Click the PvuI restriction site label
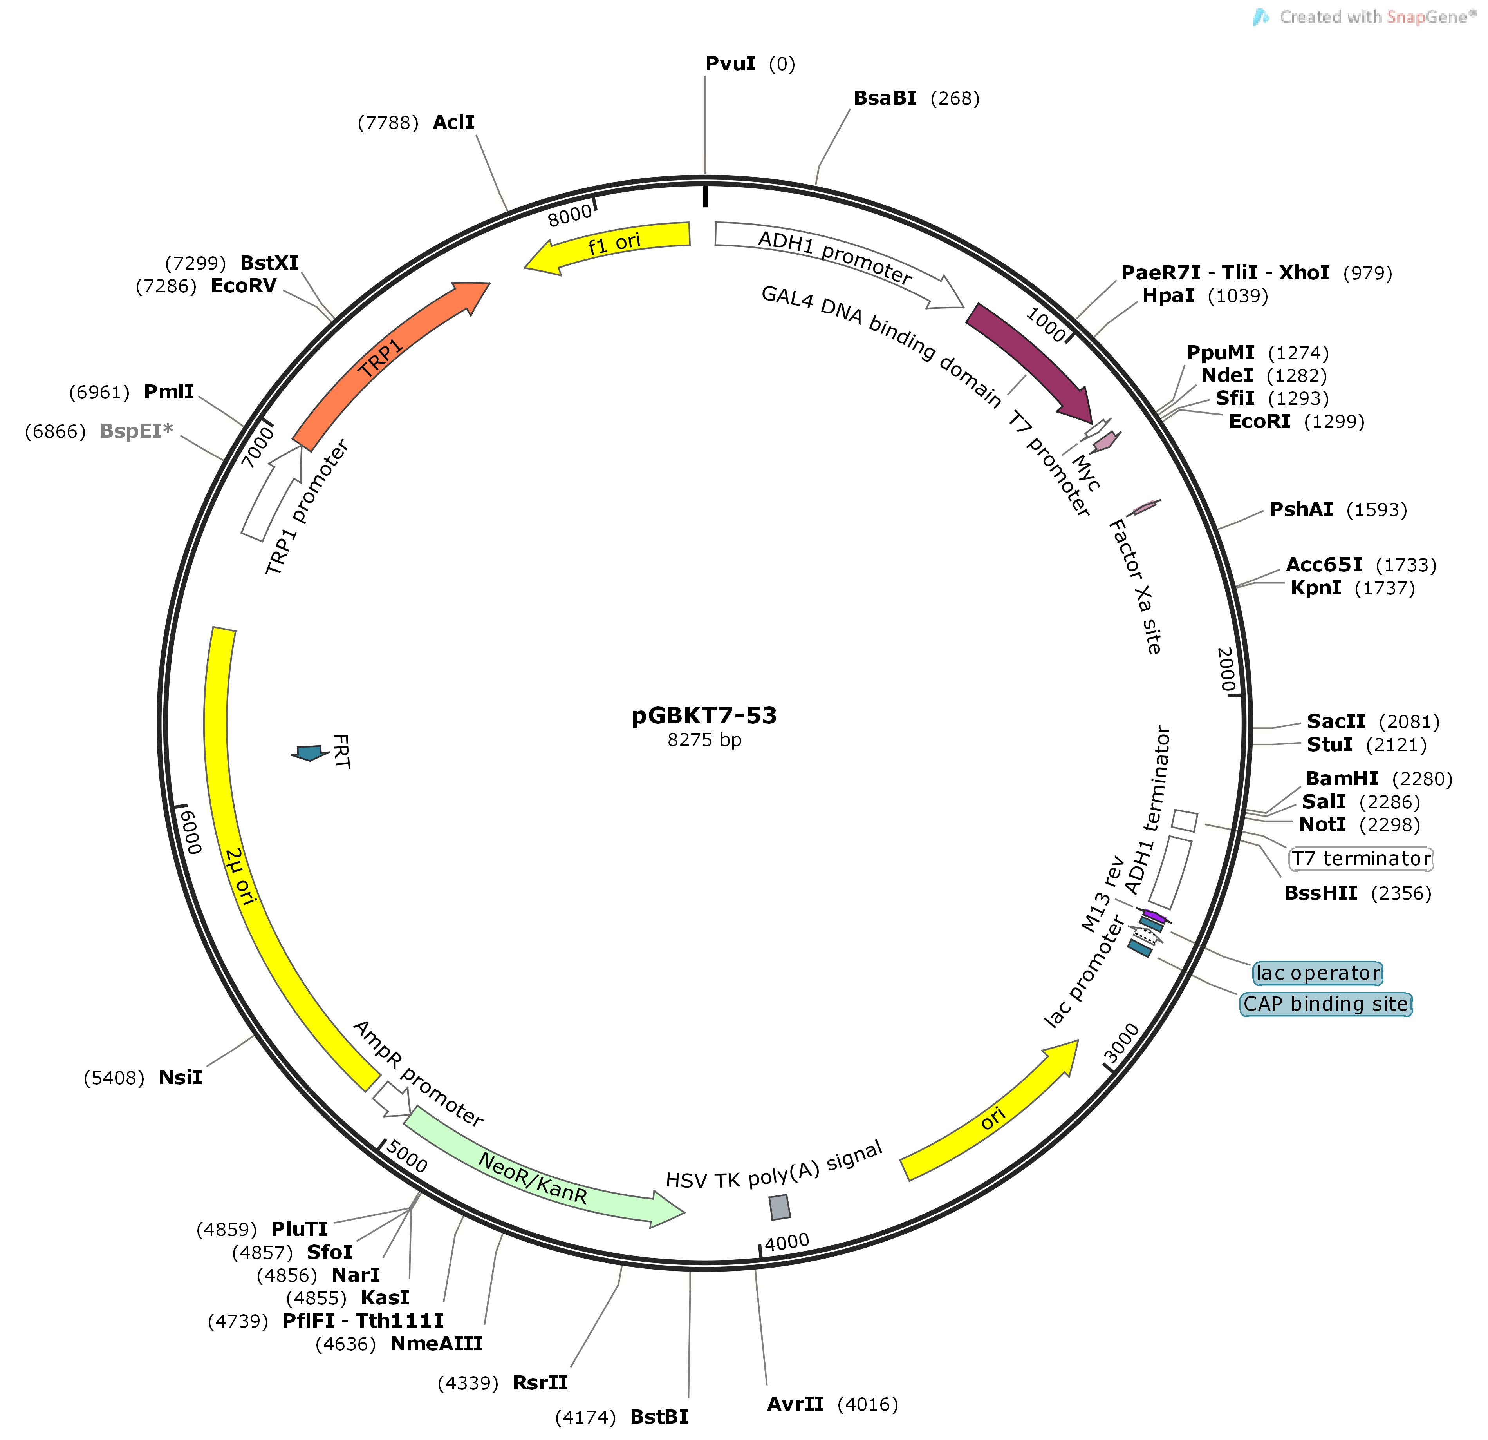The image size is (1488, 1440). click(730, 64)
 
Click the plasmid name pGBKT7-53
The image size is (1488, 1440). click(704, 715)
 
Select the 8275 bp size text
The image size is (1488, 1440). click(704, 740)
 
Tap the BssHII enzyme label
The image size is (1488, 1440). click(1320, 893)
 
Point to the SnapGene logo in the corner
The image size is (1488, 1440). click(1262, 17)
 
